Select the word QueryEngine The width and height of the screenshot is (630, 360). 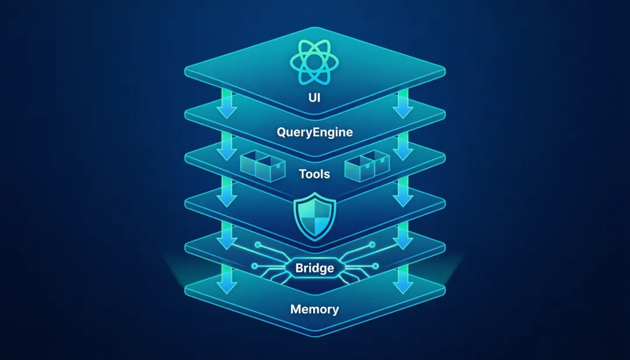(314, 132)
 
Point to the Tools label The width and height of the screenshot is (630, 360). (314, 173)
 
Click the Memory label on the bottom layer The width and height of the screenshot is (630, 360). (314, 309)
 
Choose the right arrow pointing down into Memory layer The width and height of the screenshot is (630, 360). (402, 281)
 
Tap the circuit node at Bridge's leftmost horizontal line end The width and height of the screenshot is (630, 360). (254, 267)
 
